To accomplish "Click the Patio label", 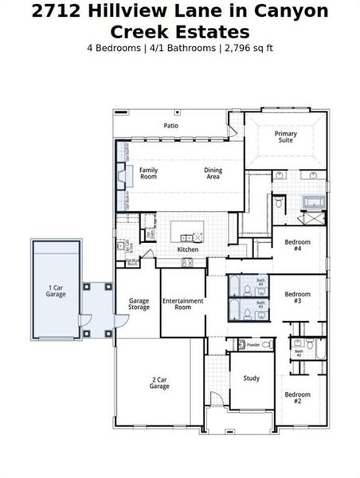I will pyautogui.click(x=171, y=126).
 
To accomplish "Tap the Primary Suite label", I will pyautogui.click(x=286, y=138).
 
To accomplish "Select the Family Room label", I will pyautogui.click(x=149, y=173).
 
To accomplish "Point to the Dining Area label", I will pyautogui.click(x=213, y=173).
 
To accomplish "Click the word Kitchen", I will pyautogui.click(x=187, y=249).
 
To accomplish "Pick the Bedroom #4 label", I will pyautogui.click(x=297, y=244).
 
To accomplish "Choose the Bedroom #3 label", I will pyautogui.click(x=297, y=297).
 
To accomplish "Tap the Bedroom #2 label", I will pyautogui.click(x=297, y=398).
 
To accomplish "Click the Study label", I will pyautogui.click(x=251, y=378).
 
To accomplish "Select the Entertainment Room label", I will pyautogui.click(x=182, y=304).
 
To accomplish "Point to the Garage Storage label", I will pyautogui.click(x=139, y=304).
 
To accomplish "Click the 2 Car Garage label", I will pyautogui.click(x=159, y=382).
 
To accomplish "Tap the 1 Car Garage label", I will pyautogui.click(x=56, y=290).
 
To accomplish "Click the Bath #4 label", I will pyautogui.click(x=260, y=284).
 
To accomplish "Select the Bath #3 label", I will pyautogui.click(x=260, y=304).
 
